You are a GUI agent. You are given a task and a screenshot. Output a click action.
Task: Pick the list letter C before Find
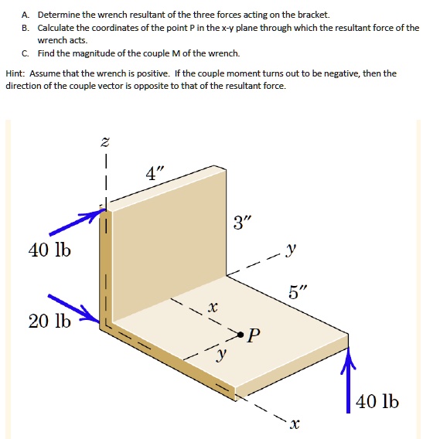26,53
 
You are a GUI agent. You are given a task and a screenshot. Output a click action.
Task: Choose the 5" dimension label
298,292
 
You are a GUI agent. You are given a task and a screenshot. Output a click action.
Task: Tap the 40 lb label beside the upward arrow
378,403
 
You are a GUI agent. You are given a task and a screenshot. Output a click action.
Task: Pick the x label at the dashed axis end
294,424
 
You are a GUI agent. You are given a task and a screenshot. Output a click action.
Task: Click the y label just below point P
223,356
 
